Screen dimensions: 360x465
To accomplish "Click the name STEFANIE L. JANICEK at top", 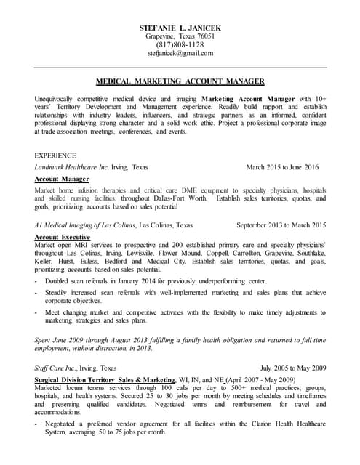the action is click(180, 28).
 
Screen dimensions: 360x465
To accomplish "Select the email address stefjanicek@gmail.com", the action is click(180, 54).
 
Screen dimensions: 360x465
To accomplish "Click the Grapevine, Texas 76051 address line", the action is click(180, 36).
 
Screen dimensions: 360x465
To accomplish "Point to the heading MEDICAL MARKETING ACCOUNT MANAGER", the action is click(180, 81).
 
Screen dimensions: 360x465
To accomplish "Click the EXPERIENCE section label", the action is click(55, 155).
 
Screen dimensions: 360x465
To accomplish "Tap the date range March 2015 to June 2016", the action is click(282, 167).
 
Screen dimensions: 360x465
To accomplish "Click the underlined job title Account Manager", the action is click(62, 179).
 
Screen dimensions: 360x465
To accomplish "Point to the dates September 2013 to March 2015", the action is click(281, 225).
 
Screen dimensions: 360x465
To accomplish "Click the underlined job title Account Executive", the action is click(63, 237).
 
